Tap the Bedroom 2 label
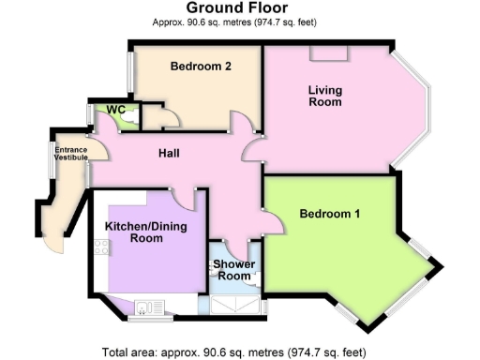pos(201,67)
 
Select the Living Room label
pos(325,97)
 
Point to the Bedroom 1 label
pos(329,215)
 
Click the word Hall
pos(169,153)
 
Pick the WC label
pos(116,111)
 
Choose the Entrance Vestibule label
pos(69,155)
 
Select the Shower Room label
pos(233,270)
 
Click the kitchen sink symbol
pos(144,305)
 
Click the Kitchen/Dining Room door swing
pos(186,199)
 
